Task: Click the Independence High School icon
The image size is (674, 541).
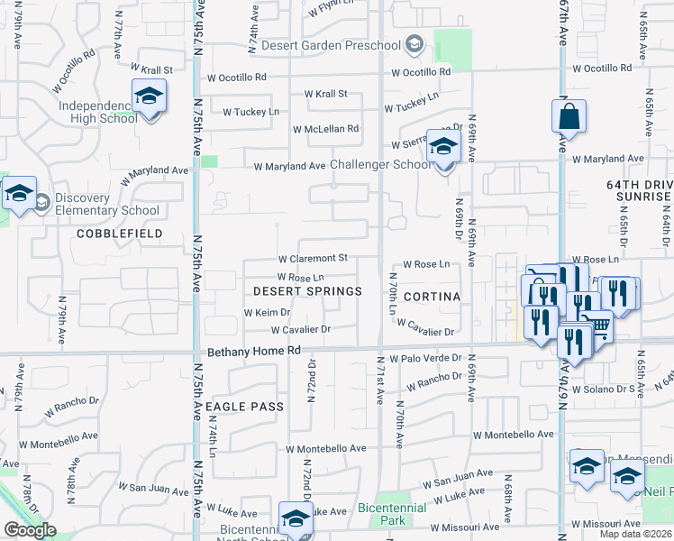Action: click(x=149, y=97)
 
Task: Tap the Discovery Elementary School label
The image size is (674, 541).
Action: click(x=107, y=205)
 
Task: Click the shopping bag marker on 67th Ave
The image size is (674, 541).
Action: click(x=569, y=117)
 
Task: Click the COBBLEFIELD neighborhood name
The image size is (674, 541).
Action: click(x=119, y=234)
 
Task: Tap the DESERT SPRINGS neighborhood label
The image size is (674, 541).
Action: click(x=307, y=291)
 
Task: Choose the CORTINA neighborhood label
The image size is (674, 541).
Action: click(x=432, y=297)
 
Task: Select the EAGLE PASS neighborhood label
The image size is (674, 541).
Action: click(x=244, y=407)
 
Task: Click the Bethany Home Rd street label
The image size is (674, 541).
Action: click(x=253, y=352)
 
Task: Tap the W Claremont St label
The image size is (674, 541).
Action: click(x=312, y=259)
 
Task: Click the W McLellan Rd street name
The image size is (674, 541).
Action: click(x=325, y=129)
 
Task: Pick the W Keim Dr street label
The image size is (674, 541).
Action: click(x=266, y=313)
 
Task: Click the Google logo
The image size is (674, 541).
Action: click(x=30, y=530)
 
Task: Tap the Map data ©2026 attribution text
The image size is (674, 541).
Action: click(x=634, y=534)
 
